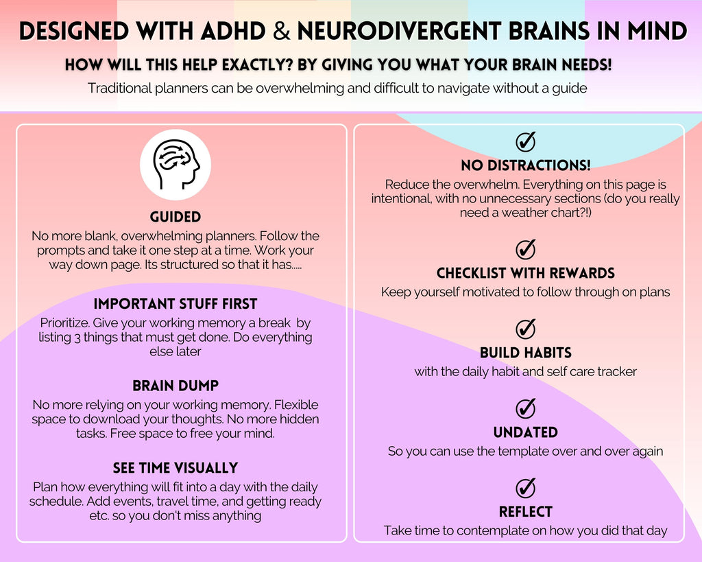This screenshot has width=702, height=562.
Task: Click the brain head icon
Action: point(175,165)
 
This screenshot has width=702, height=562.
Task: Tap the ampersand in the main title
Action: point(280,32)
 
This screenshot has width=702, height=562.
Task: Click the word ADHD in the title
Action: point(233,32)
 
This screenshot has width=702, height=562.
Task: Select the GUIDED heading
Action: point(175,217)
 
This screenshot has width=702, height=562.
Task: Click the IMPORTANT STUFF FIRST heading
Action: point(175,304)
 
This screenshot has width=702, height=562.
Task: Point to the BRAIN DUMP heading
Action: point(175,386)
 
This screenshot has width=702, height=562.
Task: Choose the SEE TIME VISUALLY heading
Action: point(175,468)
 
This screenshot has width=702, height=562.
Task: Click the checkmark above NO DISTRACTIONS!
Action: point(526,141)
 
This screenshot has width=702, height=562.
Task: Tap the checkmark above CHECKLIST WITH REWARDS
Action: point(526,249)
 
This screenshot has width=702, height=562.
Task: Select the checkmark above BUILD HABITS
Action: point(526,329)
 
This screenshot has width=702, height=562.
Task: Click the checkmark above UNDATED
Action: point(526,408)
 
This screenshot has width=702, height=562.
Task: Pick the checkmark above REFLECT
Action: point(526,488)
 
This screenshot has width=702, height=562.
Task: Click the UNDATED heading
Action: point(526,432)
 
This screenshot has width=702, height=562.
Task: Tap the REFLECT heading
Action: point(526,512)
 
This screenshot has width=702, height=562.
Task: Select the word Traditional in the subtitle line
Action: point(119,88)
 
